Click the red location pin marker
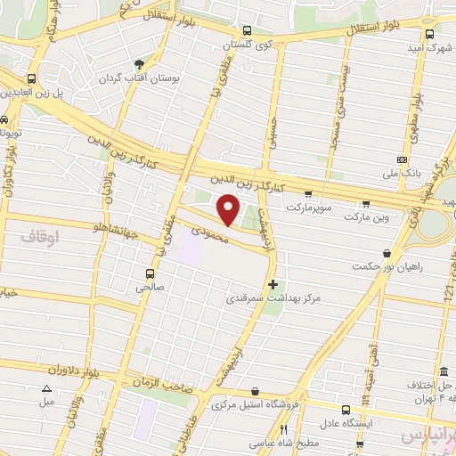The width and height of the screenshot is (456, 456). [230, 210]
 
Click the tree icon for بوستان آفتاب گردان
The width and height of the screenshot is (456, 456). [140, 64]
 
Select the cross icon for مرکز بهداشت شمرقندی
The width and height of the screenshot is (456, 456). [273, 283]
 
